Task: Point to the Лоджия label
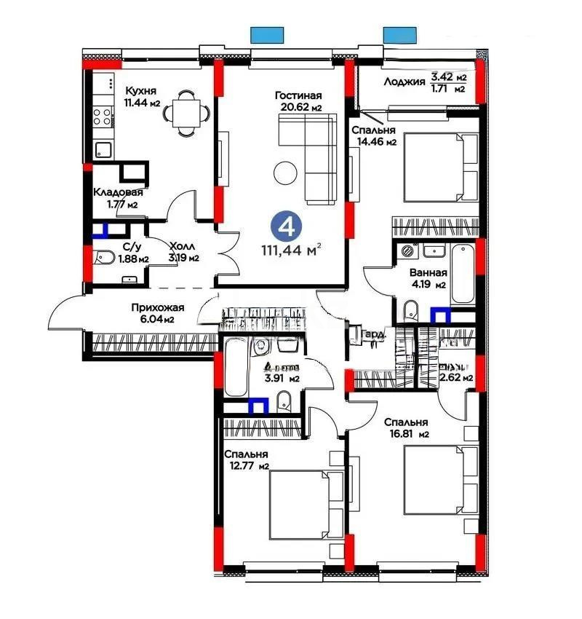(404, 82)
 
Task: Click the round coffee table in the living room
(284, 173)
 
